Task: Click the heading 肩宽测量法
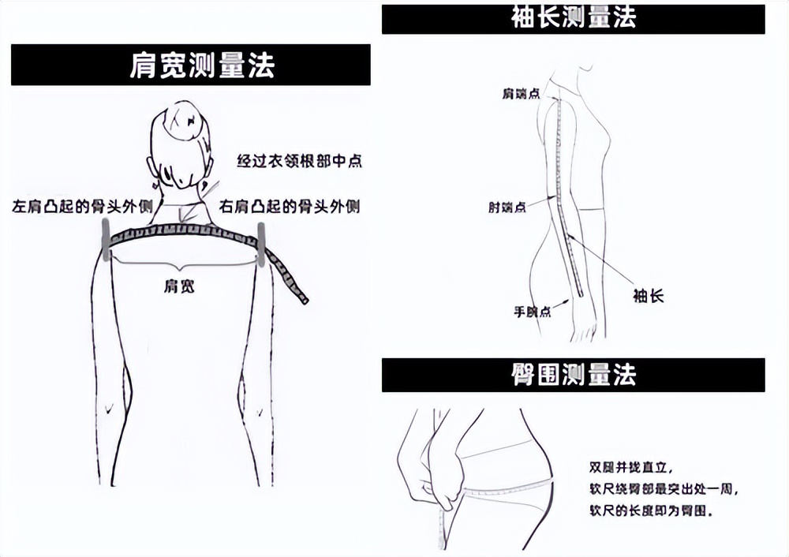coord(190,65)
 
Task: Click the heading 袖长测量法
coord(573,17)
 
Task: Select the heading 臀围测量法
coord(573,375)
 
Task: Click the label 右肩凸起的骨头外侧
coord(290,207)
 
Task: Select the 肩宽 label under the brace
coord(179,286)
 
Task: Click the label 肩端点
coord(521,93)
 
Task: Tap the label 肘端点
coord(507,207)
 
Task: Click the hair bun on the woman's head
coord(183,120)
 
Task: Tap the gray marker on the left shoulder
coord(105,240)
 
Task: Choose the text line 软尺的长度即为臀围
coord(651,511)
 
